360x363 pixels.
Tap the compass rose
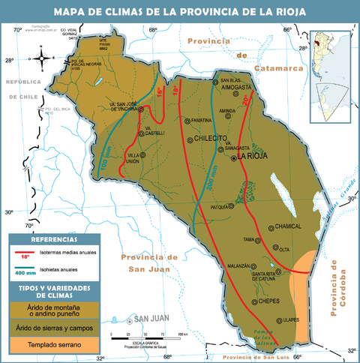point(42,57)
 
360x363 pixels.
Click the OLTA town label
point(284,249)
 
